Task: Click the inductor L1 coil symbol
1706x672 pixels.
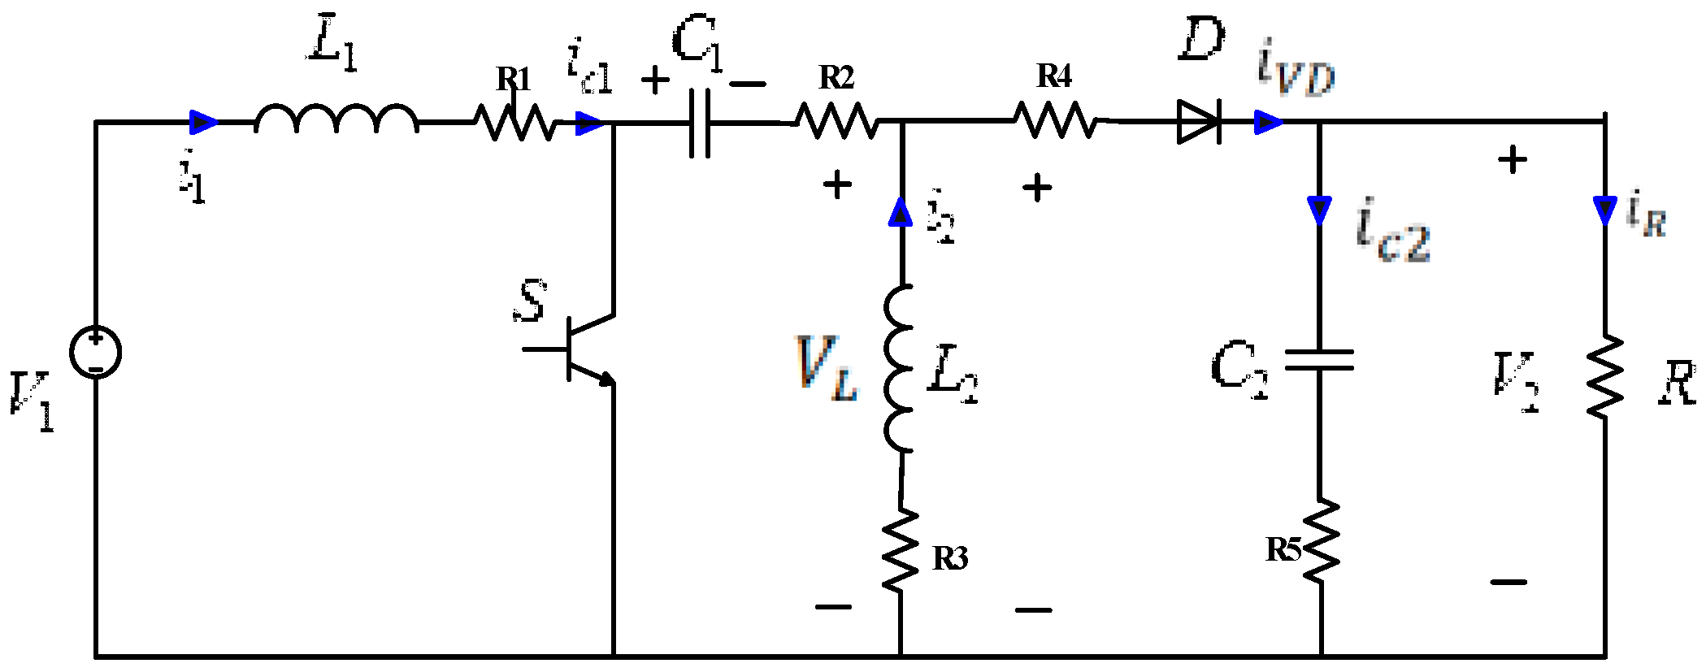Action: (x=336, y=119)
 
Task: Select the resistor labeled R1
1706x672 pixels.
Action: (x=515, y=122)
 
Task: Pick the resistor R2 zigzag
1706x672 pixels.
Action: (x=837, y=122)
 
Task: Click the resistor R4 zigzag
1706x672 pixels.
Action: (x=1055, y=121)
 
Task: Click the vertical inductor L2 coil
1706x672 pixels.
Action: (x=900, y=368)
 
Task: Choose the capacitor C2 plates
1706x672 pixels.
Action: (x=1319, y=360)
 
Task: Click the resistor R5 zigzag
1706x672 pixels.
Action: (x=1321, y=540)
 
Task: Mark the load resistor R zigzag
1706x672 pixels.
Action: (x=1604, y=378)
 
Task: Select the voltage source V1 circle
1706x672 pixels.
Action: (x=95, y=352)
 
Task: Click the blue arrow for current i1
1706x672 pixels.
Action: (x=203, y=123)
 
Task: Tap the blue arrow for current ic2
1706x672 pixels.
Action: (x=1319, y=210)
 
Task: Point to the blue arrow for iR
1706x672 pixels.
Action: (x=1604, y=210)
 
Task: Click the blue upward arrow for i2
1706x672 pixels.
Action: (x=901, y=213)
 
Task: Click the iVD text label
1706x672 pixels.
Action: (x=1296, y=68)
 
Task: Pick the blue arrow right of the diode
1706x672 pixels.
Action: (x=1267, y=123)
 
